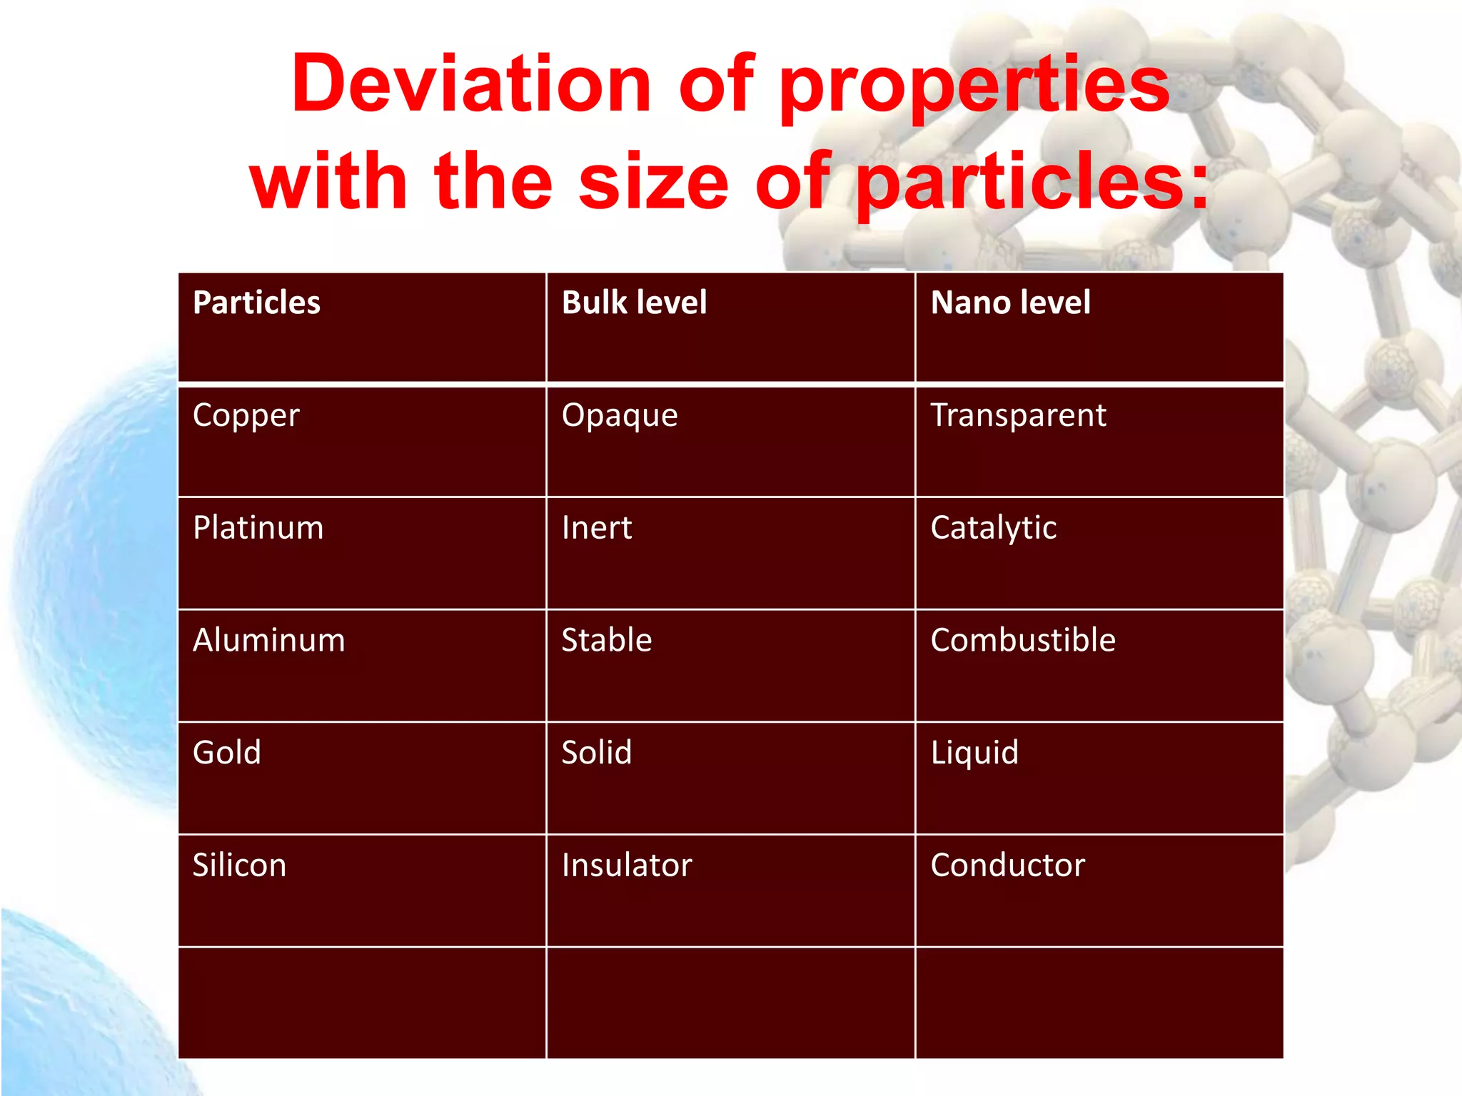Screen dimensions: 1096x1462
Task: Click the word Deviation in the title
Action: pyautogui.click(x=470, y=84)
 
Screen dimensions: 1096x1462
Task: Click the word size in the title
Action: pyautogui.click(x=653, y=182)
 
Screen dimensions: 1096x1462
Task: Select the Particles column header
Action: pyautogui.click(x=256, y=303)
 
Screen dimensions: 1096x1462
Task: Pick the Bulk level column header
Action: pyautogui.click(x=634, y=303)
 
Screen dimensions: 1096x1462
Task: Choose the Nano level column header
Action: pyautogui.click(x=1010, y=303)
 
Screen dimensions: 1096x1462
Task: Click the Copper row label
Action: pyautogui.click(x=246, y=416)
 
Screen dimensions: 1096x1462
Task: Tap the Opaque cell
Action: pyautogui.click(x=620, y=416)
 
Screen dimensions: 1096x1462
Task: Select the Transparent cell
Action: pyautogui.click(x=1018, y=415)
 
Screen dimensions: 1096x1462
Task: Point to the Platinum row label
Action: pyautogui.click(x=258, y=528)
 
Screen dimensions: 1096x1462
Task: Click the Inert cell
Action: pyautogui.click(x=597, y=528)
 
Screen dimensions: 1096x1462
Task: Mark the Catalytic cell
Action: pyautogui.click(x=993, y=529)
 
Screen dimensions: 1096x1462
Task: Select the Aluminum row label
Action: pyautogui.click(x=268, y=640)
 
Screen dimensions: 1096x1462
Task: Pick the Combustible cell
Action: pyautogui.click(x=1022, y=640)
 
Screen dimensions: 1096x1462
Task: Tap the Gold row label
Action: pyautogui.click(x=226, y=753)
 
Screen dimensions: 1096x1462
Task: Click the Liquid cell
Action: pyautogui.click(x=974, y=753)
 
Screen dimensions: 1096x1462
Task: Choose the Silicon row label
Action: pyautogui.click(x=239, y=866)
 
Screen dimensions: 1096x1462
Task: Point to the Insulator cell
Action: pyautogui.click(x=627, y=866)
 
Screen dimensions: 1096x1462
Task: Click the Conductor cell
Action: pyautogui.click(x=1007, y=866)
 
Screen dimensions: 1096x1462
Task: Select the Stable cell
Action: pyautogui.click(x=607, y=640)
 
